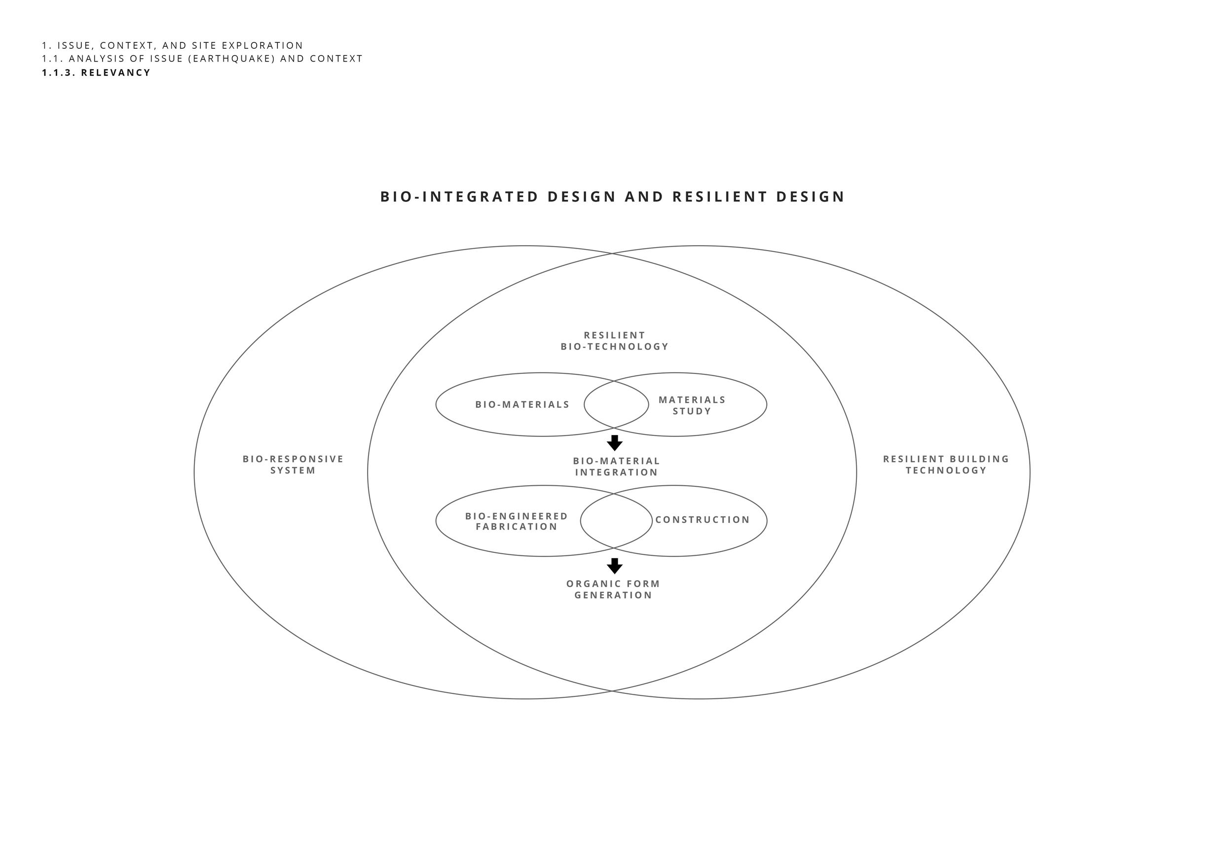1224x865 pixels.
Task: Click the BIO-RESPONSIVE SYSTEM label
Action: (293, 465)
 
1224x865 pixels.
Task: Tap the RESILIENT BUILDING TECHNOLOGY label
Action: (946, 465)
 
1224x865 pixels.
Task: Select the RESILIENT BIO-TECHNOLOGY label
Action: (615, 341)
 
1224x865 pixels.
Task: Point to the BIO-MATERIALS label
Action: (522, 405)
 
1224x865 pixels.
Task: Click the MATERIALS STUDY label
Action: (692, 405)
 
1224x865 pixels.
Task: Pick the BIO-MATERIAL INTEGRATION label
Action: (617, 467)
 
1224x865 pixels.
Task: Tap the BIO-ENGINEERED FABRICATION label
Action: (517, 522)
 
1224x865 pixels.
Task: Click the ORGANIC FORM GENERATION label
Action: (614, 589)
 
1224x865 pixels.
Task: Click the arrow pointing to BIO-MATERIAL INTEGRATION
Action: (615, 443)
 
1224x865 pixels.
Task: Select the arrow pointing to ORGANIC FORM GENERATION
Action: (615, 566)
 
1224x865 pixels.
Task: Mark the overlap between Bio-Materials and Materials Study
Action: (616, 404)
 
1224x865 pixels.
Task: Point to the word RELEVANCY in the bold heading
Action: (116, 73)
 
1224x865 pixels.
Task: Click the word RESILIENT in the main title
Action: (720, 197)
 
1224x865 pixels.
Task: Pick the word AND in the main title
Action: (644, 197)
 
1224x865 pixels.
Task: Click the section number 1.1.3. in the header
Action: (59, 73)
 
